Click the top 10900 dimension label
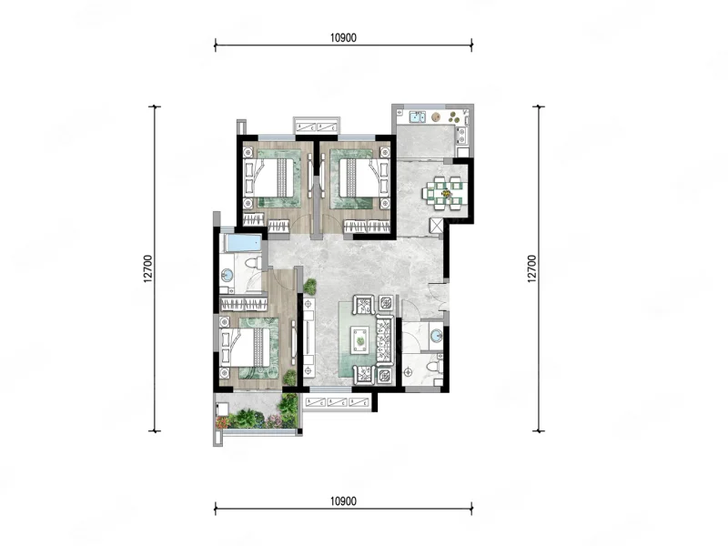(343, 38)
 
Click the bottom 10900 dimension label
(343, 501)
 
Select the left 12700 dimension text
(147, 268)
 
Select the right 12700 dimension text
(531, 268)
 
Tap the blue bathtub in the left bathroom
(242, 242)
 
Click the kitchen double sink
(417, 116)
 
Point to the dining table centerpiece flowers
(447, 193)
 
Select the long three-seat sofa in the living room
(385, 339)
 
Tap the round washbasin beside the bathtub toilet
(227, 275)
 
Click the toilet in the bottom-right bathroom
(435, 366)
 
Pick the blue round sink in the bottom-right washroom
(436, 335)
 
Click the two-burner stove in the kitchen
(462, 135)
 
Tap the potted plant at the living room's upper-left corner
(309, 287)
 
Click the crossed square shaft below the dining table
(437, 226)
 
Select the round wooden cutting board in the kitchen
(436, 116)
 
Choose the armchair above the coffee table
(364, 305)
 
